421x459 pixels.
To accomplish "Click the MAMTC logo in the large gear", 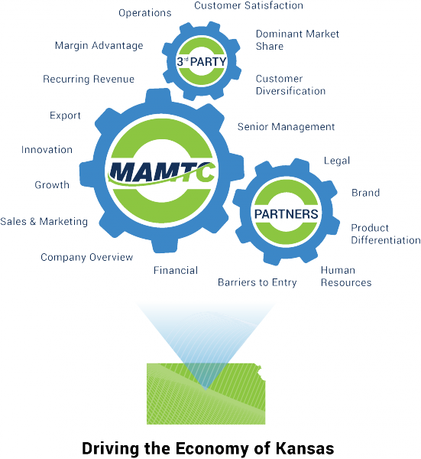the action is pyautogui.click(x=162, y=173).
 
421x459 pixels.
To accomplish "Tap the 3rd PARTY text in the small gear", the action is pyautogui.click(x=202, y=61).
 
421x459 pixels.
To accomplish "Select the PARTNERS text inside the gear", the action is pyautogui.click(x=286, y=214).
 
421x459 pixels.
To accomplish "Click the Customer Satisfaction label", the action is pyautogui.click(x=248, y=5).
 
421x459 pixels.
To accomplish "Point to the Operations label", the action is pyautogui.click(x=145, y=13).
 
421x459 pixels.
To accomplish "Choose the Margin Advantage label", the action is pyautogui.click(x=99, y=46).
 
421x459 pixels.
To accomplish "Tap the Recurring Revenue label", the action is pyautogui.click(x=89, y=79).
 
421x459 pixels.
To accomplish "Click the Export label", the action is pyautogui.click(x=65, y=116).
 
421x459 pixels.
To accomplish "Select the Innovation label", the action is pyautogui.click(x=47, y=150).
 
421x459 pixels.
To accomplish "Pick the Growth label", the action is pyautogui.click(x=52, y=185).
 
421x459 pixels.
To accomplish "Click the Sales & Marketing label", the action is pyautogui.click(x=44, y=222).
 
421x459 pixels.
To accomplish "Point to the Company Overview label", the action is pyautogui.click(x=87, y=257).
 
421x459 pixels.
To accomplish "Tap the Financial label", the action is pyautogui.click(x=176, y=270).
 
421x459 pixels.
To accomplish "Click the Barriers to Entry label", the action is pyautogui.click(x=257, y=282).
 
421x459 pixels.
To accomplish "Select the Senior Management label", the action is pyautogui.click(x=286, y=127).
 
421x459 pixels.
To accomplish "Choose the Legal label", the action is pyautogui.click(x=337, y=161).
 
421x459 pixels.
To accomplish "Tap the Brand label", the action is pyautogui.click(x=365, y=193).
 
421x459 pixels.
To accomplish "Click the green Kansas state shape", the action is pyautogui.click(x=206, y=394).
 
